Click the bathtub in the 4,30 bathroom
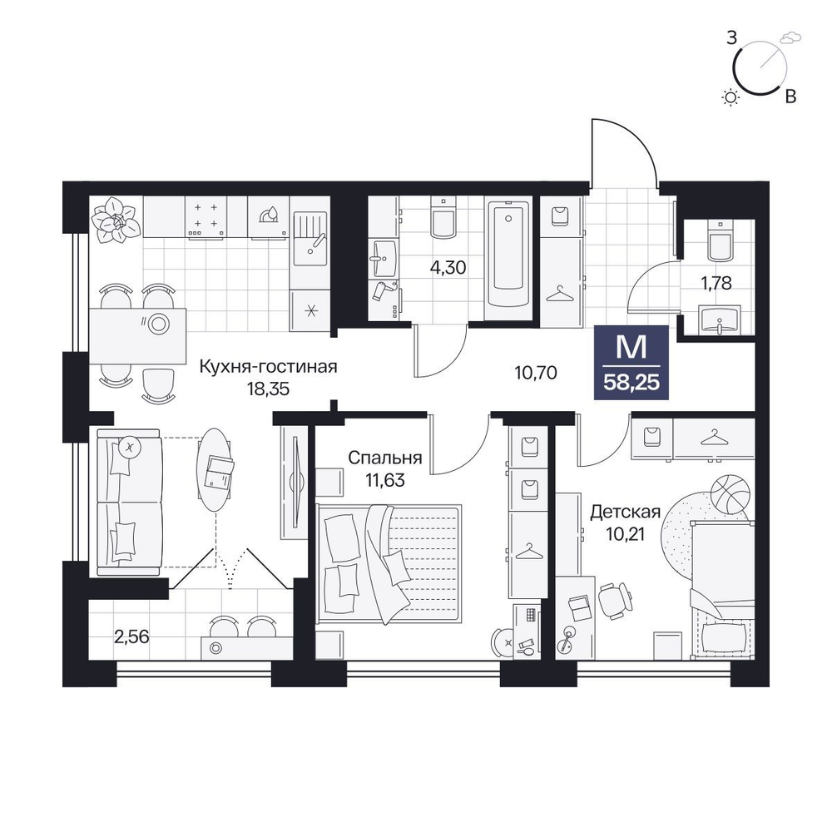click(x=508, y=254)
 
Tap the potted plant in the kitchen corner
click(x=115, y=220)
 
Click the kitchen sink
click(x=311, y=238)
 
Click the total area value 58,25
click(x=631, y=382)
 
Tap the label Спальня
click(x=384, y=458)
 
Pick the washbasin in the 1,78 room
click(x=720, y=320)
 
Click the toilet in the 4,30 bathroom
click(x=443, y=217)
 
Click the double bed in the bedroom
click(x=389, y=563)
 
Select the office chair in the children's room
click(x=615, y=600)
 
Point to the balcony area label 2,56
click(x=131, y=636)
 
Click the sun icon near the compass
click(x=731, y=97)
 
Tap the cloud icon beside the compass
click(x=790, y=37)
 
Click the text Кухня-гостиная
click(x=269, y=367)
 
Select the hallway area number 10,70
click(x=536, y=373)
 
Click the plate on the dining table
click(x=158, y=323)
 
